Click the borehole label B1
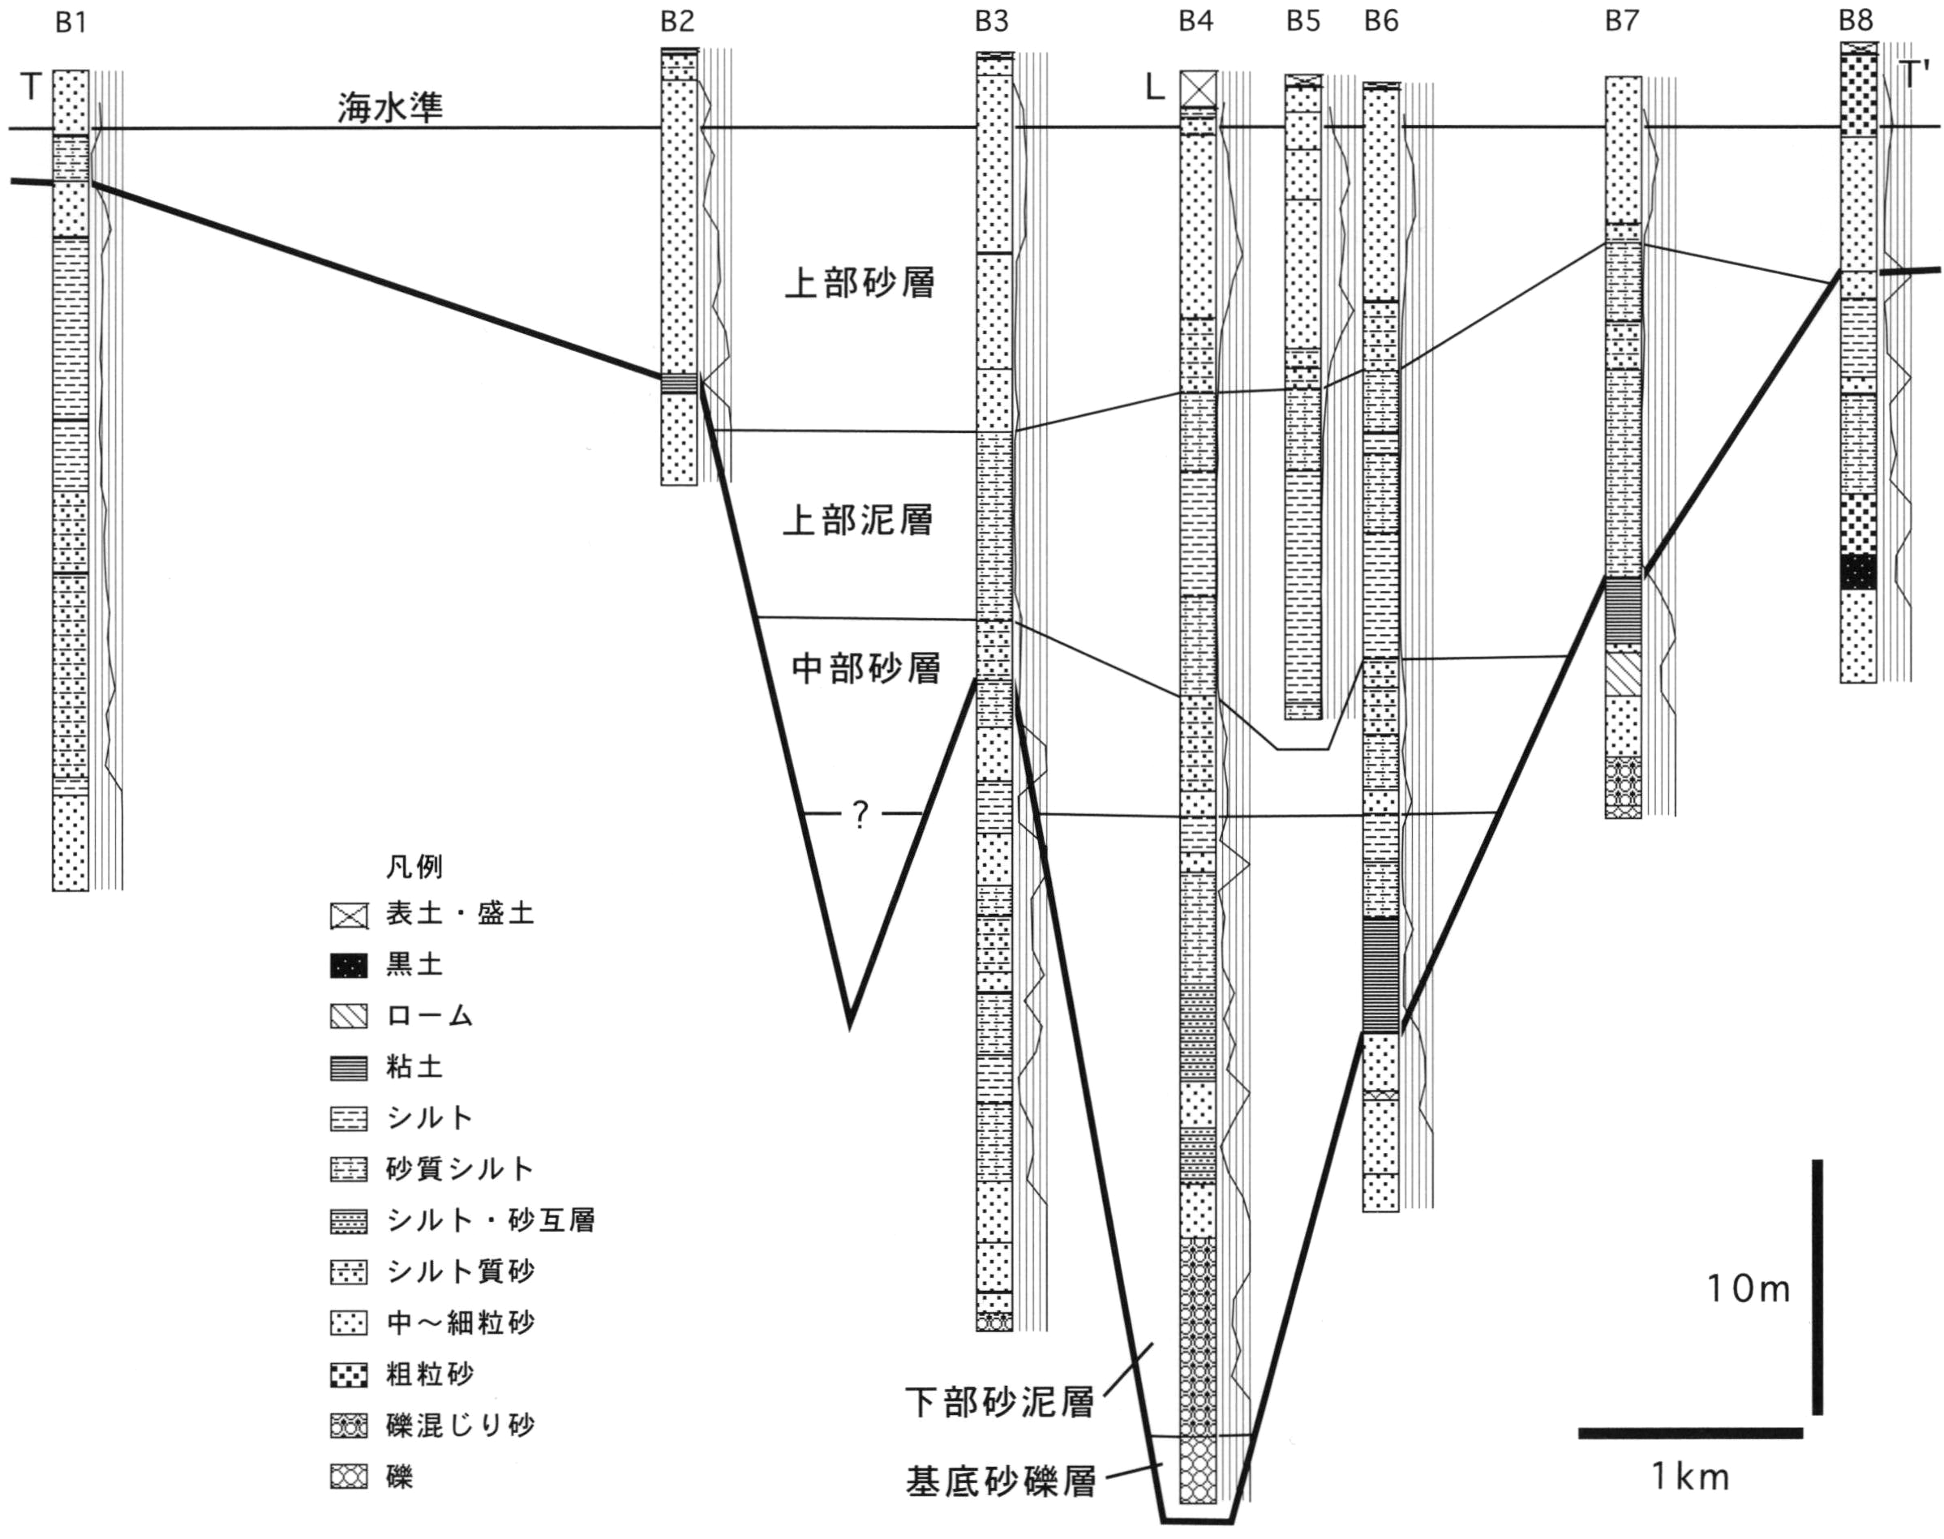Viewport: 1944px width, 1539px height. click(71, 22)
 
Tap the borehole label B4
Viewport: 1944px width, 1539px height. click(1197, 22)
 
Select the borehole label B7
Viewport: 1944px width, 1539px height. click(1621, 22)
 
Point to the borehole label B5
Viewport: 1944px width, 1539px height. click(1303, 22)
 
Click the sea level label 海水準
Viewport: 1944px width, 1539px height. click(390, 107)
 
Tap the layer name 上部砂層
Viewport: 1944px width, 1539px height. click(860, 283)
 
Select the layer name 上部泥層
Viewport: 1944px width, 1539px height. click(858, 520)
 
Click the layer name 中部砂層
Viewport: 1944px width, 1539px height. click(866, 667)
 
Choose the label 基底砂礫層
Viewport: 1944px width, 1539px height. click(1001, 1482)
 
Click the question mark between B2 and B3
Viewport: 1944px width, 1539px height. click(860, 816)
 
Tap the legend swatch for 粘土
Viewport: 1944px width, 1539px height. click(349, 1069)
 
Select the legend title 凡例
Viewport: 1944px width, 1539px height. click(414, 867)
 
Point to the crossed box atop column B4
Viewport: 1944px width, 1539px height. click(1199, 88)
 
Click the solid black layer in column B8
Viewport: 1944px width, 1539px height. click(1857, 572)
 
